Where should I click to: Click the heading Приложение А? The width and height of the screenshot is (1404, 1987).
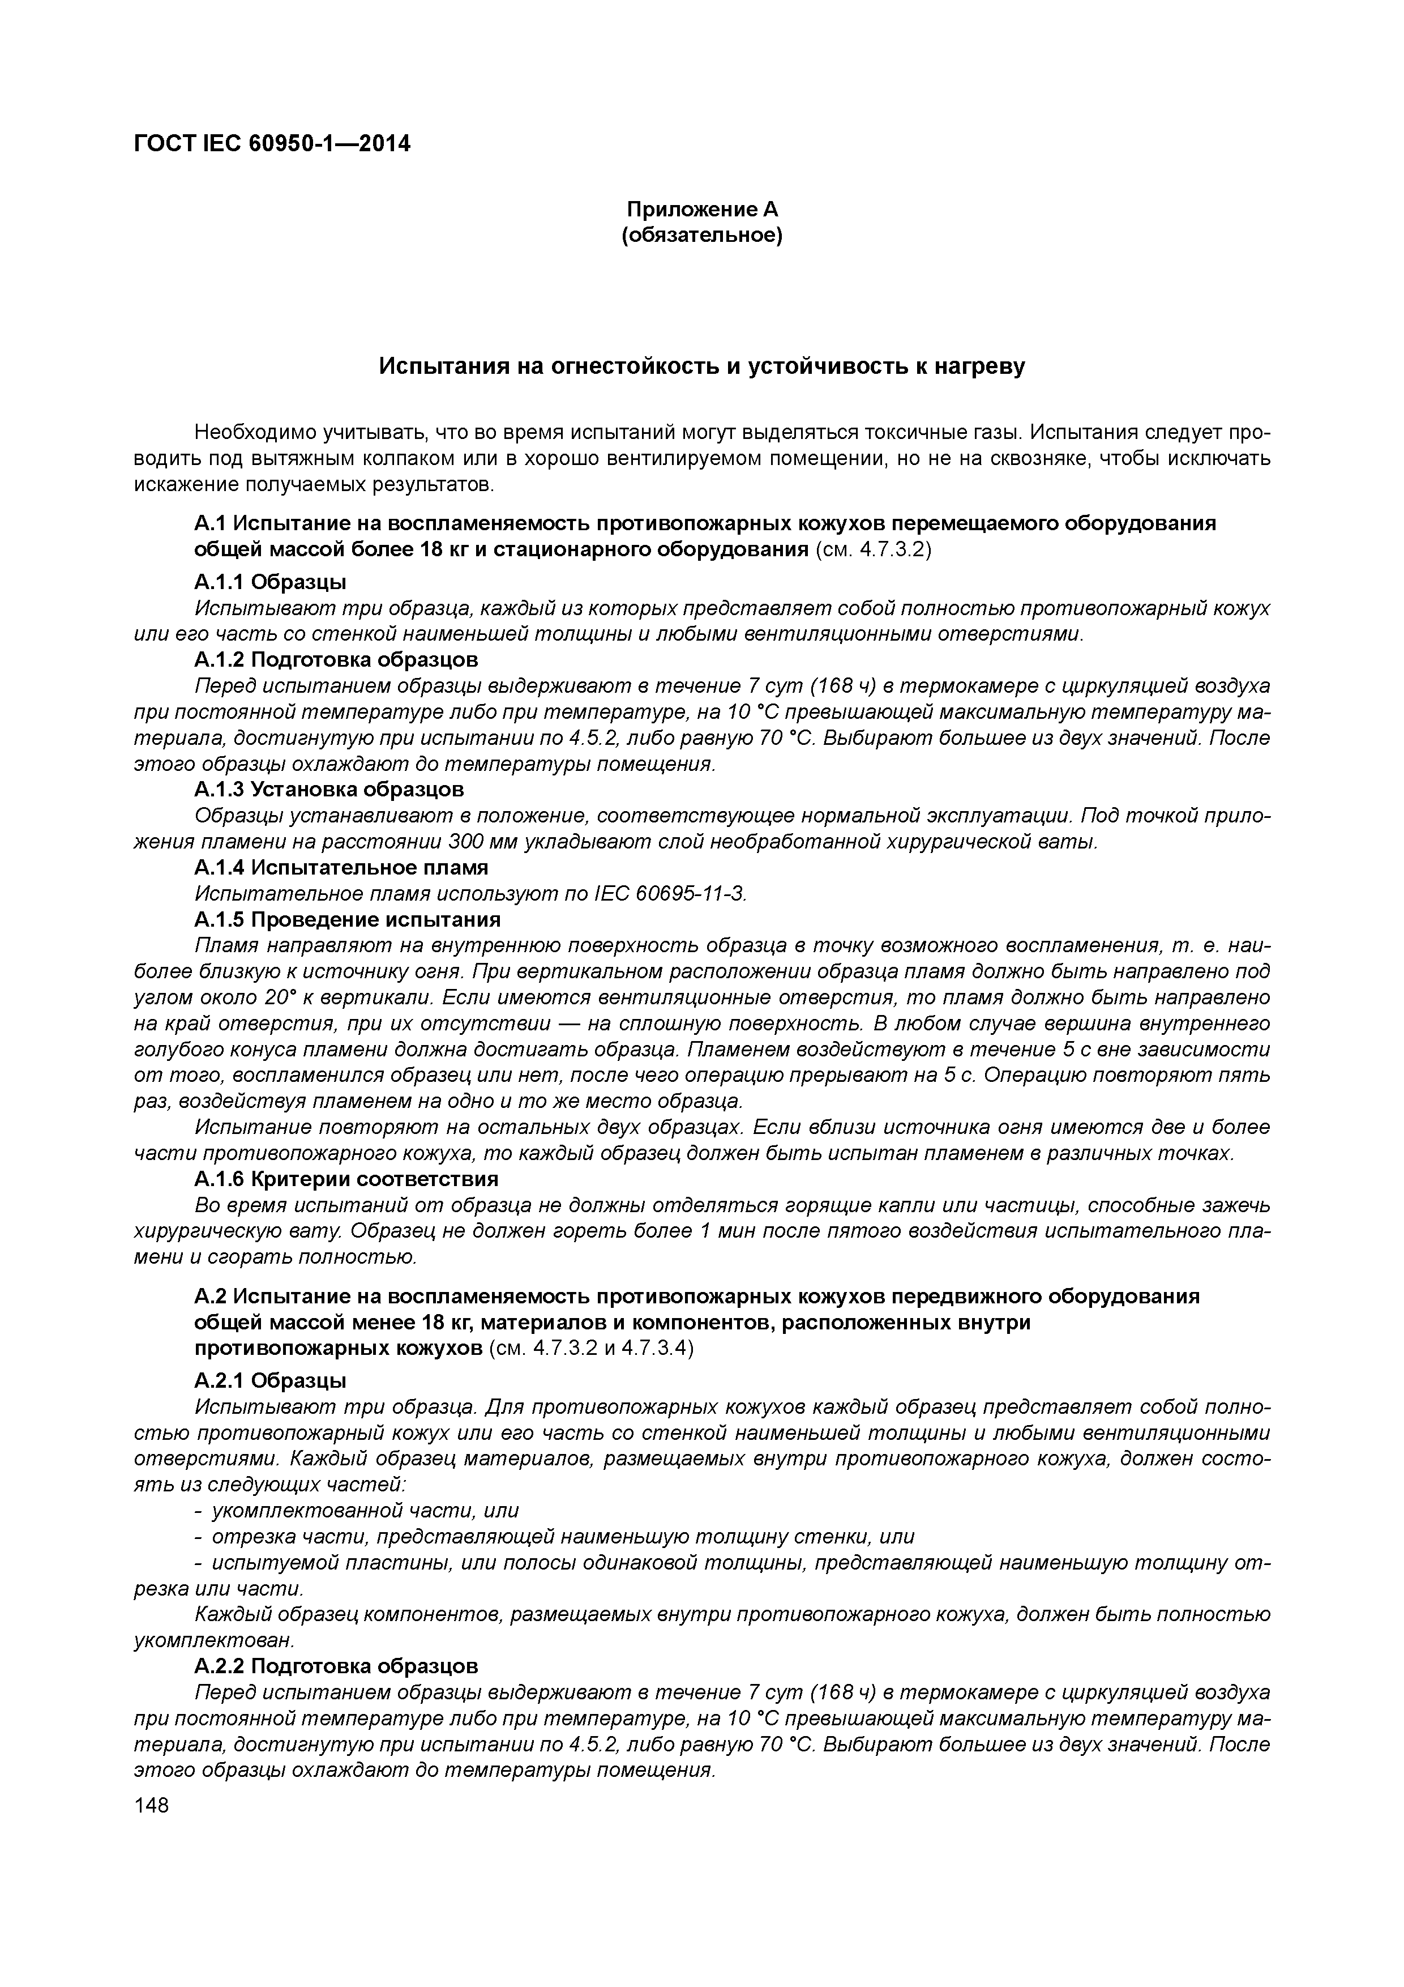(x=701, y=210)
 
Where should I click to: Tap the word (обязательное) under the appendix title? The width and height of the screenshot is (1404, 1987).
(x=701, y=236)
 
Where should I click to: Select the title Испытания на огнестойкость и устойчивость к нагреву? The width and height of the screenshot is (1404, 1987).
(x=701, y=367)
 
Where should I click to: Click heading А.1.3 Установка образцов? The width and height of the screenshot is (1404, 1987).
(x=329, y=789)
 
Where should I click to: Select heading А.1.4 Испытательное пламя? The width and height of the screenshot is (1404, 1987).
(x=341, y=867)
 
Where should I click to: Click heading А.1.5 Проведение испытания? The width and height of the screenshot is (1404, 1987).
(x=347, y=919)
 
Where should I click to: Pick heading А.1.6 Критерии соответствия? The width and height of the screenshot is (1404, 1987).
(x=346, y=1179)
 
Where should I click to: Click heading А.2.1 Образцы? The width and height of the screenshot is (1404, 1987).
(x=270, y=1379)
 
